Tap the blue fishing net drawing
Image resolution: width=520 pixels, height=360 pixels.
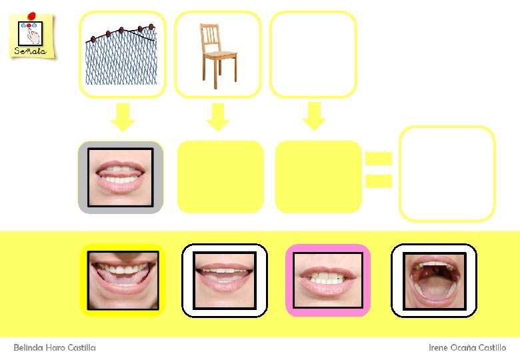(122, 56)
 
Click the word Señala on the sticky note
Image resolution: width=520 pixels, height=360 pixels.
(30, 51)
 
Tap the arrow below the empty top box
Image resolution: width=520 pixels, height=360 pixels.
(313, 116)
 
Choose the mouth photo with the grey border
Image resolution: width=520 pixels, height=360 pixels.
(121, 177)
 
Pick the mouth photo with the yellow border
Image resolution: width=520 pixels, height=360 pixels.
(122, 280)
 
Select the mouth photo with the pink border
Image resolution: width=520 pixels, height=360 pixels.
(327, 280)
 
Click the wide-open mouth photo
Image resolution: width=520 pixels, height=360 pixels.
(434, 280)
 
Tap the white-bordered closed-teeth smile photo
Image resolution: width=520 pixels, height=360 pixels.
(225, 280)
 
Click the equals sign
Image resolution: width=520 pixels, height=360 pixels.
(378, 169)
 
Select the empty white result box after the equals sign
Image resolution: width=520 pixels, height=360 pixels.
(447, 173)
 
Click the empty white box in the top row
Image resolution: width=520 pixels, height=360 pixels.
(313, 55)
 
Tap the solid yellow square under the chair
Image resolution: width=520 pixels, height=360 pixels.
(221, 177)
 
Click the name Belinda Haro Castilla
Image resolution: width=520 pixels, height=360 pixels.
(55, 347)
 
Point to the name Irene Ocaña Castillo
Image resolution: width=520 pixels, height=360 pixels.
(467, 347)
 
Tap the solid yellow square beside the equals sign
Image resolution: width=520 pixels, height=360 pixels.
(318, 177)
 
